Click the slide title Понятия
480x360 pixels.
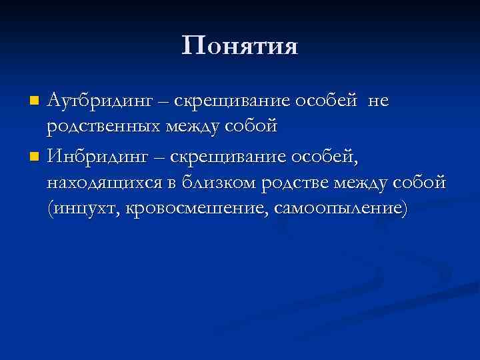click(240, 46)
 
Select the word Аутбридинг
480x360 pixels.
click(101, 101)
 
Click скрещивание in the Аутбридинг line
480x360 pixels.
click(232, 101)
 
